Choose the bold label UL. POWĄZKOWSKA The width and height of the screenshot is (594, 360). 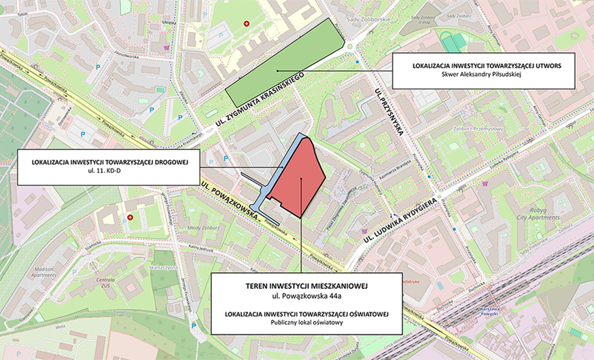click(230, 200)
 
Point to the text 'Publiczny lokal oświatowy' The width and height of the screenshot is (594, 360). click(306, 321)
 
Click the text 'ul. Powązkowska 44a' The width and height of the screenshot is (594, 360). click(306, 297)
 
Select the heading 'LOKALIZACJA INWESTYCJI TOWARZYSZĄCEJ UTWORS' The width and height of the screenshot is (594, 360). click(485, 66)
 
